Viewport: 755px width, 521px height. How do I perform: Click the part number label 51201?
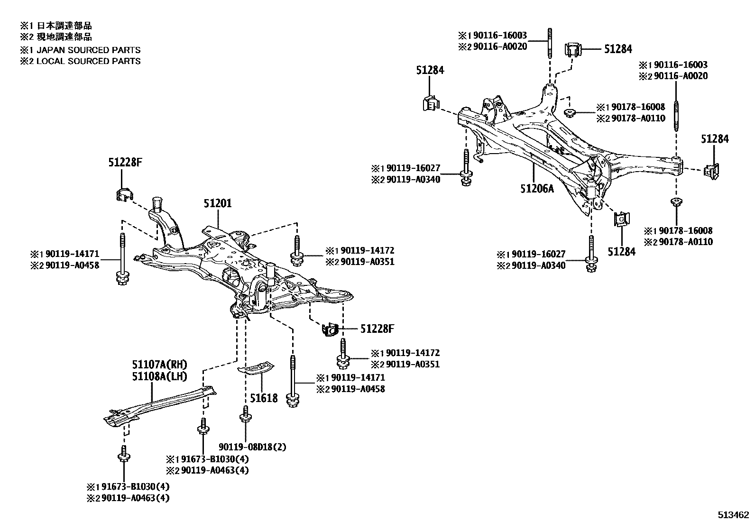point(218,203)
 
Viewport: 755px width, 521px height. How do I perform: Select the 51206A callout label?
point(537,189)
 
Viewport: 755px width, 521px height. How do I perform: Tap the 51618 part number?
point(264,398)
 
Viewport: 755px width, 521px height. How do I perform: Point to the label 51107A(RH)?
point(160,365)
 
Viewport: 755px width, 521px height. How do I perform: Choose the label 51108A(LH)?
point(160,377)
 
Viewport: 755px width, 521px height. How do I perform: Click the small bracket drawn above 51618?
point(256,368)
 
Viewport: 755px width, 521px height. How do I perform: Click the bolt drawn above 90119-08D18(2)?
point(245,416)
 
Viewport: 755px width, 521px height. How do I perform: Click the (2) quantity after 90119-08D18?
point(281,447)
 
